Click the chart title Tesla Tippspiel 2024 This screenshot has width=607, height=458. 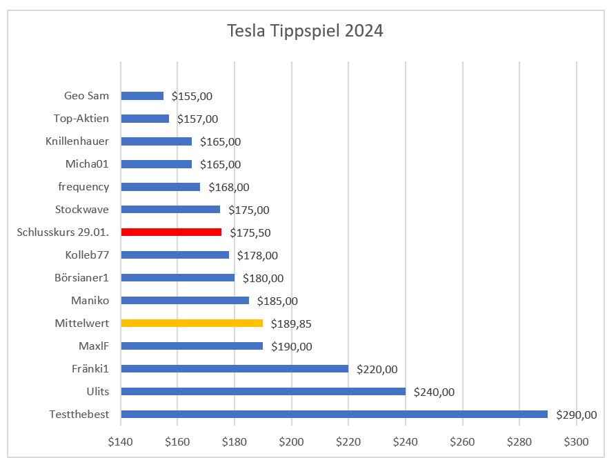pyautogui.click(x=306, y=32)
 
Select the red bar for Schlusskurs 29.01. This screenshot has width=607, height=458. pyautogui.click(x=171, y=232)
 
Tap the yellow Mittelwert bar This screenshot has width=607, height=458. pyautogui.click(x=192, y=323)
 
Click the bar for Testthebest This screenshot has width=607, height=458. pyautogui.click(x=334, y=414)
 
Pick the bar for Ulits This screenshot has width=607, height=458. pyautogui.click(x=263, y=391)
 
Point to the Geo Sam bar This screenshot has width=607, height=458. pyautogui.click(x=142, y=96)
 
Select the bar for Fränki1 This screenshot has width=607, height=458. pyautogui.click(x=235, y=368)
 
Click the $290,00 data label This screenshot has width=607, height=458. pyautogui.click(x=576, y=415)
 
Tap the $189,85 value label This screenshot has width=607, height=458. pyautogui.click(x=291, y=323)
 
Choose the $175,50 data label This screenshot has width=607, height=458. pyautogui.click(x=250, y=232)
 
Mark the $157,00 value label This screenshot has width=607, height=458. pyautogui.click(x=197, y=119)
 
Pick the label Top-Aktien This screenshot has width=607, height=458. pyautogui.click(x=81, y=119)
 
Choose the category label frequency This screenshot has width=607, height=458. pyautogui.click(x=84, y=187)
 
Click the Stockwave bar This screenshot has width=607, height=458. pyautogui.click(x=170, y=209)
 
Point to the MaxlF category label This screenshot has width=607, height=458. pyautogui.click(x=94, y=346)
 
